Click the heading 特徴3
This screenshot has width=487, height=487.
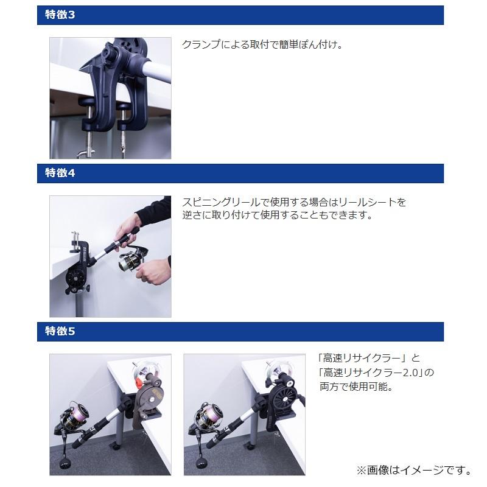(60, 15)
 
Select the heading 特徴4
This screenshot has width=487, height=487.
(60, 173)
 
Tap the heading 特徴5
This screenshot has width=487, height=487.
(60, 332)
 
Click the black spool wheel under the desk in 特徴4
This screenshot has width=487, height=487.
(75, 277)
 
